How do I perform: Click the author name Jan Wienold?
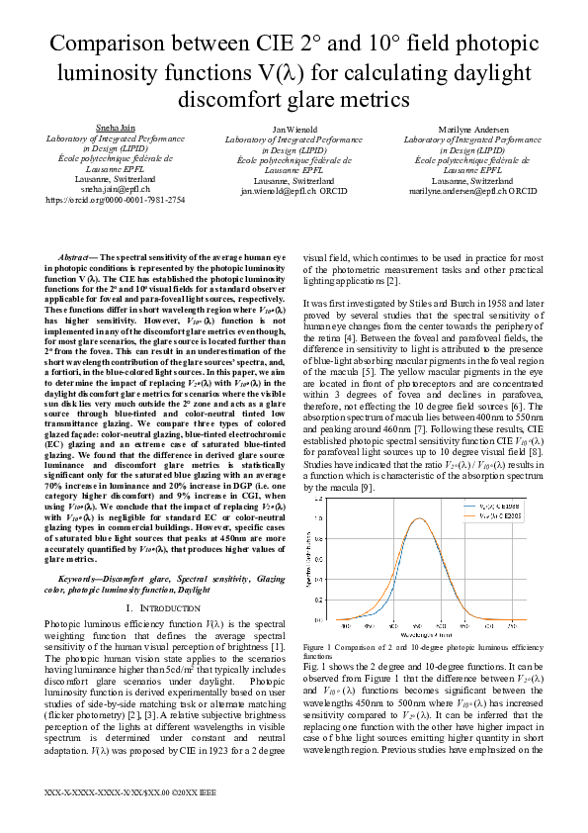[x=294, y=129]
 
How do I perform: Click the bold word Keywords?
[x=82, y=577]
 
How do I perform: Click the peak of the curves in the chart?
[x=418, y=518]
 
